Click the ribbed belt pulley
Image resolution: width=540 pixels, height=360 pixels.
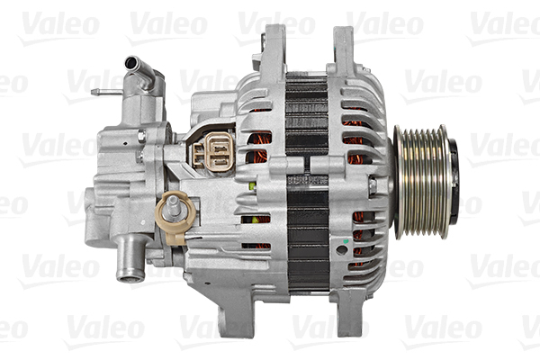[x=423, y=182]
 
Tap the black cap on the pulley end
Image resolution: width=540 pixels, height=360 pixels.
[x=454, y=182]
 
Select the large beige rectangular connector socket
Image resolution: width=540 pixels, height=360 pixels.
[x=219, y=151]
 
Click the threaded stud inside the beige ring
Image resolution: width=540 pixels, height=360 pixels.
[x=172, y=208]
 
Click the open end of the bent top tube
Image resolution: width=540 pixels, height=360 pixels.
[x=131, y=63]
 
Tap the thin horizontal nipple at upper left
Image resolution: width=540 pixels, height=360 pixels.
[x=107, y=92]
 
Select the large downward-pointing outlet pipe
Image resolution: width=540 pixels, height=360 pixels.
[x=130, y=257]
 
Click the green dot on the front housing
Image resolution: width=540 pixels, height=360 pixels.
[x=346, y=241]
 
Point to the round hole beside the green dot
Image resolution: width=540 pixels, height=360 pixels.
[x=342, y=250]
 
